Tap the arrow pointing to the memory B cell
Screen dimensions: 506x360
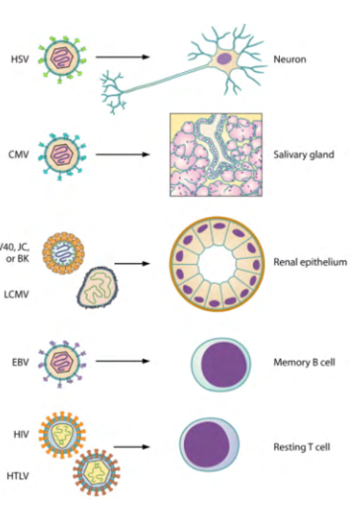(x=126, y=363)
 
